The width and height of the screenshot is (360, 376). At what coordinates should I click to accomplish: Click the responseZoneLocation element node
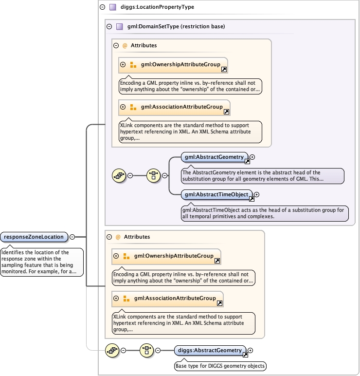(34, 237)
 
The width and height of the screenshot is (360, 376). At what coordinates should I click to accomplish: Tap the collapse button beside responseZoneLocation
(72, 237)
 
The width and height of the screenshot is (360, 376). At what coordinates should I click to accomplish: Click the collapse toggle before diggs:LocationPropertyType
(102, 7)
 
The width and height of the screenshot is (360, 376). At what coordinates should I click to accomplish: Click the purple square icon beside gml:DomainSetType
(119, 27)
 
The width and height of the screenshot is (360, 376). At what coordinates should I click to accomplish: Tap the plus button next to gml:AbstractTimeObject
(257, 195)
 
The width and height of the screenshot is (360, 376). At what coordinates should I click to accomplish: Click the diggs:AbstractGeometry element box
(210, 351)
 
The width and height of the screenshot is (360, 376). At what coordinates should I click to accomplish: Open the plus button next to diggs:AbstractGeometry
(251, 351)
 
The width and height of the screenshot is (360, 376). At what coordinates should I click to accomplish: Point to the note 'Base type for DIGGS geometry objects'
(220, 366)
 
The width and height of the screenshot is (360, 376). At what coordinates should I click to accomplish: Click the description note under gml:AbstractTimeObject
(263, 213)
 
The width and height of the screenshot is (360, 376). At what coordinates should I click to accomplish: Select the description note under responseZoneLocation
(42, 262)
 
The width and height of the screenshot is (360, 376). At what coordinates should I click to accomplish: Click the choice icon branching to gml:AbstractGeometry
(154, 175)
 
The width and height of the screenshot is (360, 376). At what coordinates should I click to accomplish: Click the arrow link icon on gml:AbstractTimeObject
(251, 198)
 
